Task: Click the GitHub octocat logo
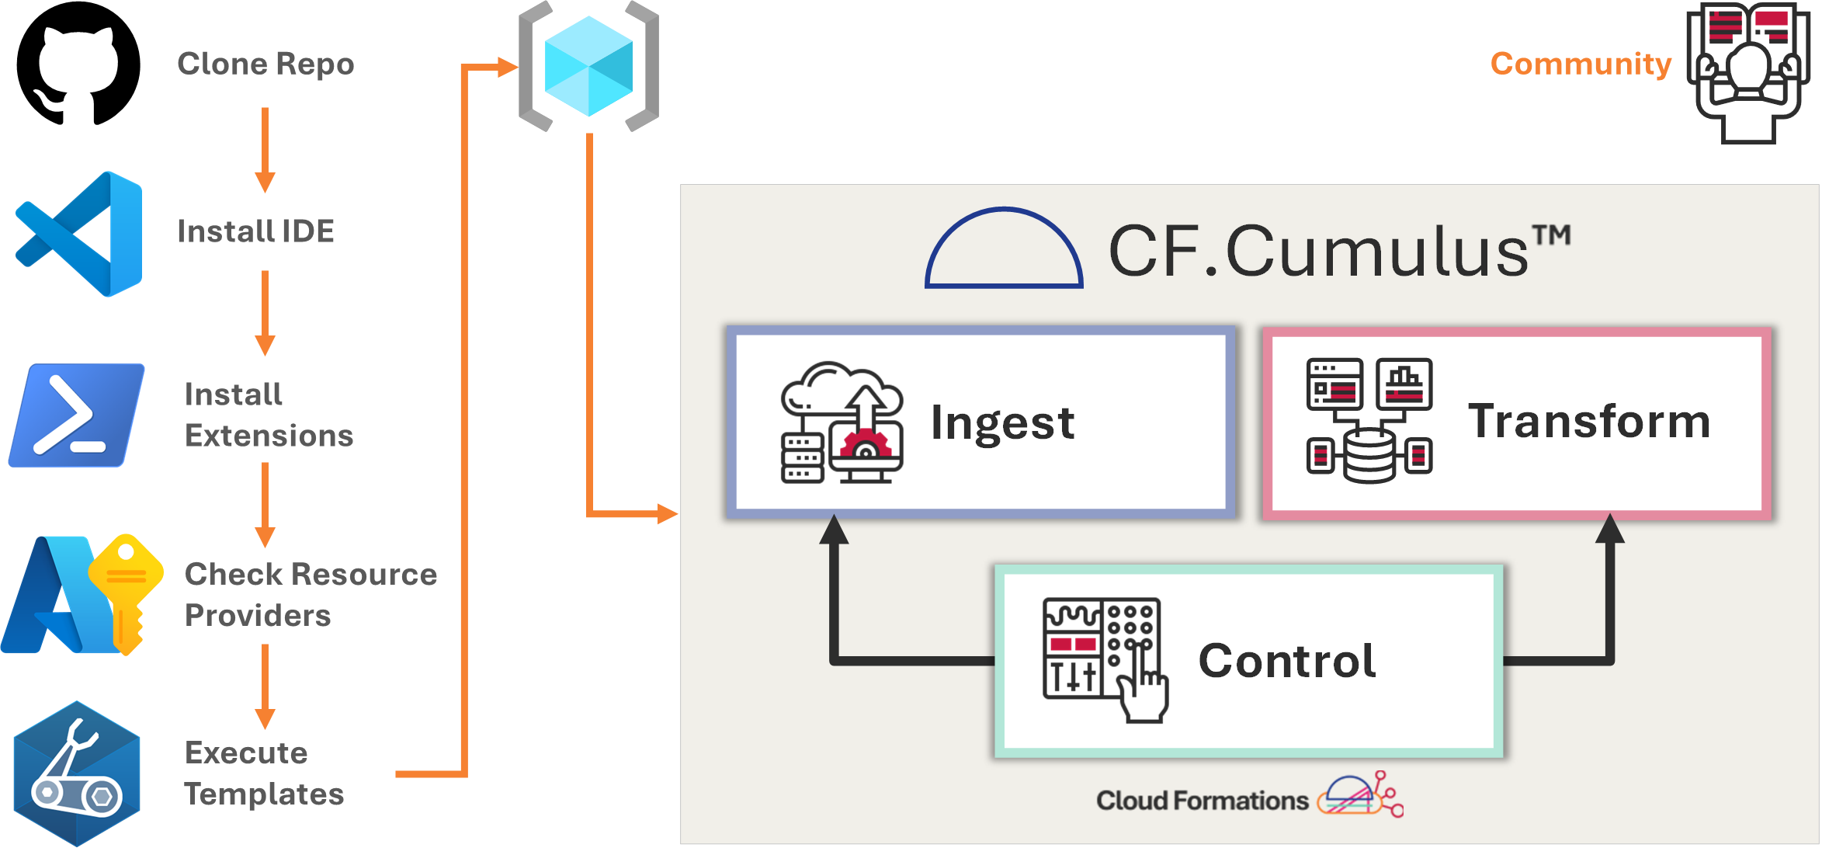coord(78,64)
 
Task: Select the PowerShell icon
coord(76,415)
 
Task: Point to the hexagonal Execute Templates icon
coord(77,773)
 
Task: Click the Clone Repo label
coord(265,64)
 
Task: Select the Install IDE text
coord(255,231)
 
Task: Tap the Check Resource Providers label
coord(311,595)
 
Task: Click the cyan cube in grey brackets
coord(588,66)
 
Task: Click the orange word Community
coord(1581,64)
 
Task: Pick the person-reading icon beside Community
coord(1748,71)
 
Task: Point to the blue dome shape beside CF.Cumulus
coord(1004,248)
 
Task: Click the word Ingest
coord(1002,422)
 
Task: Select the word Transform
coord(1589,421)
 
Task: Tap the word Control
coord(1287,661)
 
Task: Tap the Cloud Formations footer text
coord(1202,801)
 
